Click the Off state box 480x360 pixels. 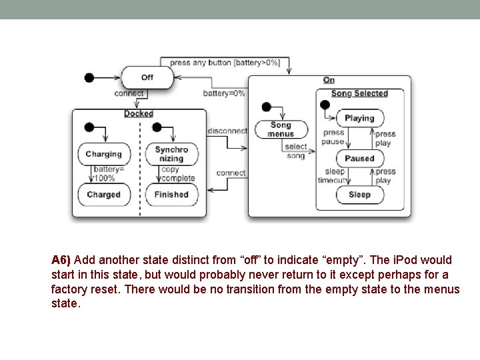coord(147,77)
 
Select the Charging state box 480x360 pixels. coord(103,155)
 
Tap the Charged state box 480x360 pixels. coord(103,195)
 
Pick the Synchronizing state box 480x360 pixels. coord(171,154)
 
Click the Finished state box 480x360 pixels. coord(171,195)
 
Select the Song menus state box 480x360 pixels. coord(281,129)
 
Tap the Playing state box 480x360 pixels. coord(359,119)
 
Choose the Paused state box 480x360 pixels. coord(359,159)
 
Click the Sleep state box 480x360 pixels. coord(359,195)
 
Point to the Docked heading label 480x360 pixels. coord(139,114)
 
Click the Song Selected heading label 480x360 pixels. coord(359,94)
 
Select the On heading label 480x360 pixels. coord(329,81)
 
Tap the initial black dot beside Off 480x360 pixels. coord(89,78)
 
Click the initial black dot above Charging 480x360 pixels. coord(89,127)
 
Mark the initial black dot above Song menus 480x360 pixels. coord(267,107)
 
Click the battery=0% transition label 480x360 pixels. coord(224,94)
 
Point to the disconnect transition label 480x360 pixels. coord(227,131)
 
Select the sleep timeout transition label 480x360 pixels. coord(333,176)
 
